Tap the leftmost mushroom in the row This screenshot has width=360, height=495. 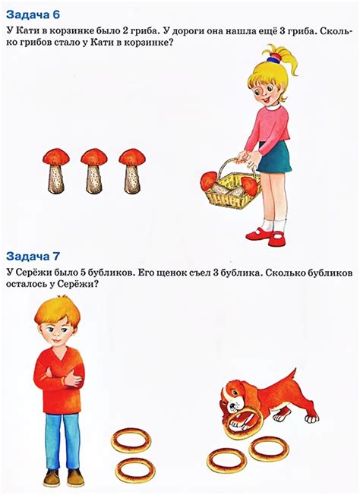(55, 171)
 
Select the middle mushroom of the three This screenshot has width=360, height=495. (94, 171)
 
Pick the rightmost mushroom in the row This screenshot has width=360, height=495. (132, 171)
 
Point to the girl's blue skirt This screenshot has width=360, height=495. (273, 156)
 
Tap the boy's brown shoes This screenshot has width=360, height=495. (62, 478)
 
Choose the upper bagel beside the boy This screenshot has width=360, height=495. (131, 440)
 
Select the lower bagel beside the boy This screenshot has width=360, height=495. (134, 468)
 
